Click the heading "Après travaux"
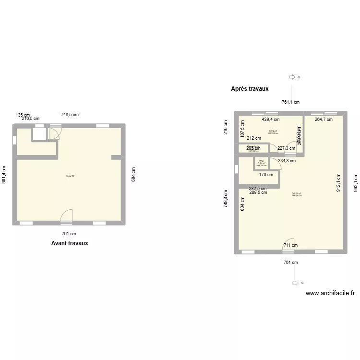click(x=250, y=89)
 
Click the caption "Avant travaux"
click(x=70, y=243)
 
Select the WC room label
click(x=261, y=161)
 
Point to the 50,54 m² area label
click(x=296, y=194)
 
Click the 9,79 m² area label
click(x=273, y=131)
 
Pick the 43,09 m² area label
click(x=70, y=176)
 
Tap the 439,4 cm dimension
click(x=271, y=120)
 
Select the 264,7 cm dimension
click(x=324, y=120)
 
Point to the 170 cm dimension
click(x=266, y=175)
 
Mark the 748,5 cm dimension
click(x=70, y=114)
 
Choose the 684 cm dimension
click(x=133, y=174)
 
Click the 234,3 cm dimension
click(x=287, y=161)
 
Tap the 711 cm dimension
click(x=290, y=246)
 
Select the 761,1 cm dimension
click(x=290, y=102)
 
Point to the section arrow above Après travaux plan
click(x=291, y=77)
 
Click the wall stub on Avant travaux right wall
click(x=117, y=157)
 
